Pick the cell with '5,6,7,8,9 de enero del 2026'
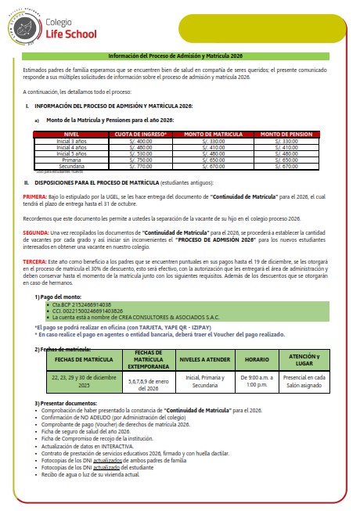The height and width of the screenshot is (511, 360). click(x=148, y=381)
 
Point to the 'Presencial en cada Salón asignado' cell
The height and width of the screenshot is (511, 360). click(x=304, y=381)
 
